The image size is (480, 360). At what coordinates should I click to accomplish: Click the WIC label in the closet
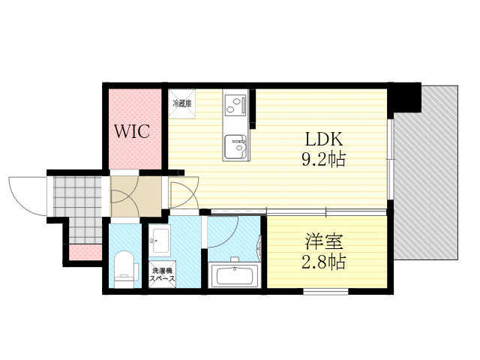click(x=132, y=131)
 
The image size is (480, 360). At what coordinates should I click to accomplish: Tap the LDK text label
click(x=323, y=139)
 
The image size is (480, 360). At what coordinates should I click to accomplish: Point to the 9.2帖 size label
click(x=323, y=160)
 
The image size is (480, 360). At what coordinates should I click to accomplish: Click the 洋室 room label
click(x=324, y=241)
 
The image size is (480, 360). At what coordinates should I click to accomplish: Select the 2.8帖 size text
click(x=323, y=262)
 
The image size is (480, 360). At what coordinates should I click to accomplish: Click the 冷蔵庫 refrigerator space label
click(x=181, y=103)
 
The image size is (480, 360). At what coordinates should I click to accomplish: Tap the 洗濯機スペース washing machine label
click(x=162, y=274)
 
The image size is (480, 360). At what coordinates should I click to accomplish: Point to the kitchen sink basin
click(x=235, y=146)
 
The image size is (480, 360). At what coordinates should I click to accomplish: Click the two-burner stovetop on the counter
click(x=235, y=104)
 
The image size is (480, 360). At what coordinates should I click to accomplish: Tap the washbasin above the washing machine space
click(x=159, y=241)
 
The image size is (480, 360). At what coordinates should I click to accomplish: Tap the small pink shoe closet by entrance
click(x=85, y=252)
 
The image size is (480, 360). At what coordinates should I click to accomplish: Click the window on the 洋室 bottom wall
click(x=325, y=292)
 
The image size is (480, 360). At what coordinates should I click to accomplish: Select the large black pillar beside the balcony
click(x=404, y=97)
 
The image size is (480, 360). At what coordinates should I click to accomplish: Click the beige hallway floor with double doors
click(x=136, y=196)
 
